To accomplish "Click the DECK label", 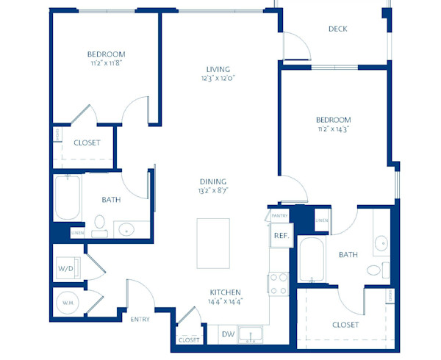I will [338, 29].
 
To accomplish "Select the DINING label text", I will [212, 181].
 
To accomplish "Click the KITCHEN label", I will [226, 290].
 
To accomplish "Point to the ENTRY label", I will [140, 320].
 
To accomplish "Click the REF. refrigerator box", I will [279, 236].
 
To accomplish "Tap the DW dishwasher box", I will [228, 334].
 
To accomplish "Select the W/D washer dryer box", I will [66, 269].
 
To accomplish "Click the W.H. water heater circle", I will [66, 302].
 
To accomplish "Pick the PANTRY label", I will [279, 216].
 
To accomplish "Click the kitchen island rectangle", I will [212, 243].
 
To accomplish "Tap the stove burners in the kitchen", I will [279, 283].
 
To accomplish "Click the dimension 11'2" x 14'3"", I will [333, 129].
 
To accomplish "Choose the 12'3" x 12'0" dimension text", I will [219, 77].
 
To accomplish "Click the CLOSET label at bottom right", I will [345, 324].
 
